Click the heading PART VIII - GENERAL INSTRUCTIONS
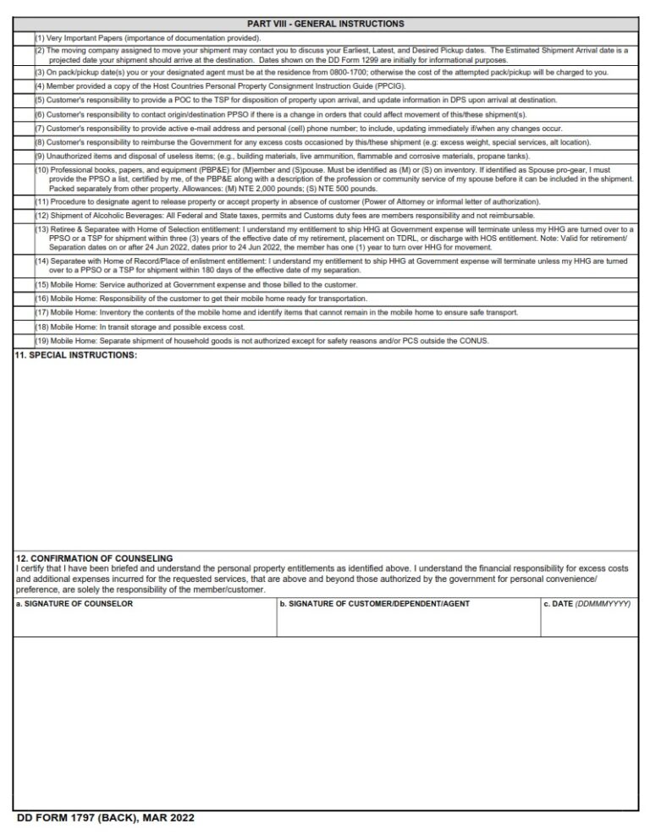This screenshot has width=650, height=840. pos(325,24)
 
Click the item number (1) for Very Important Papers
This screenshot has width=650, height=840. pos(40,38)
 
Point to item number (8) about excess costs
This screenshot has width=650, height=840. pos(40,142)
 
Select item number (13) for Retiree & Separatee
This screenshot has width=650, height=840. pos(41,229)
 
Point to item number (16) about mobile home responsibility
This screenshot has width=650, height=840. pos(41,299)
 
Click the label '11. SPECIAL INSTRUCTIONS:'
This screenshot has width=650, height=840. pos(76,354)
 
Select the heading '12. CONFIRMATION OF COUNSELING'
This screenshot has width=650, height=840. pos(95,558)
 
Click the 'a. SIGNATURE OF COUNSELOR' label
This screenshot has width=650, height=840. pos(74,604)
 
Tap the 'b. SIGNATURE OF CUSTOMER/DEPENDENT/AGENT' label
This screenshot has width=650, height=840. pos(373,604)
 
